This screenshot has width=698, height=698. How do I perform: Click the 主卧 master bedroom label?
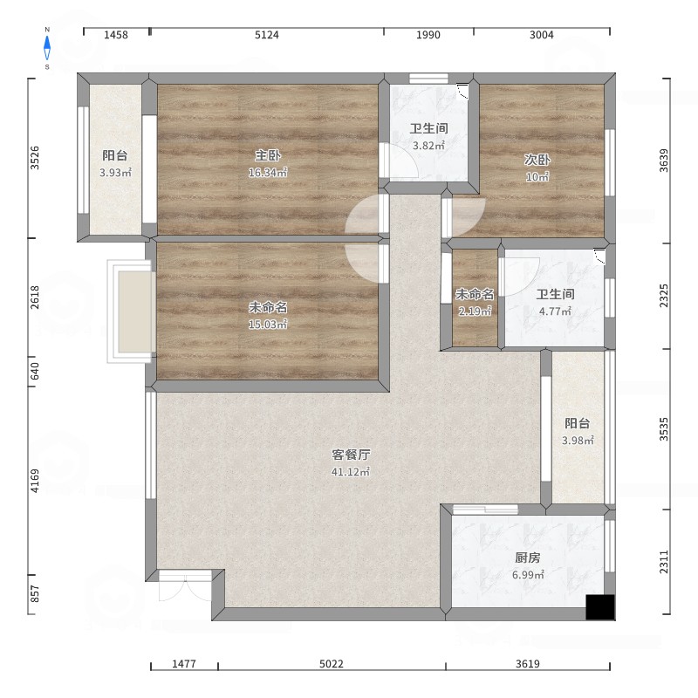268,156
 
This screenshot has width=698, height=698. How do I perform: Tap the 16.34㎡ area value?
268,173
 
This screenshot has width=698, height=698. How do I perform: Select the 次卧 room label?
537,160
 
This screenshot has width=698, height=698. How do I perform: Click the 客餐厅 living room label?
351,455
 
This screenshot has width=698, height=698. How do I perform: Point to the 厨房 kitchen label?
528,558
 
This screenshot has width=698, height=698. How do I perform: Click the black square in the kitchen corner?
600,607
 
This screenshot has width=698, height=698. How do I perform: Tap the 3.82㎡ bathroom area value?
428,146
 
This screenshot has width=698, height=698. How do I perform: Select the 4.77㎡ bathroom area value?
555,311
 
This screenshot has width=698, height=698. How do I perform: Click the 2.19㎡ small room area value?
475,311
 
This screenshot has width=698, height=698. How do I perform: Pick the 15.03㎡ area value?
268,325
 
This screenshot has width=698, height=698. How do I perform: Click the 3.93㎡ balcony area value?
115,173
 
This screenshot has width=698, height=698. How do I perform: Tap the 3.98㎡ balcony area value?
578,441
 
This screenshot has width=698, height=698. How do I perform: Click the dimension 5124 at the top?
267,35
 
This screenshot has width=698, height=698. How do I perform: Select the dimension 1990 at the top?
428,35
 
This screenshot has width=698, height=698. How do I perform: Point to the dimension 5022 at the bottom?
332,664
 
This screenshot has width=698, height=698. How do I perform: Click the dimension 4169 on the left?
35,481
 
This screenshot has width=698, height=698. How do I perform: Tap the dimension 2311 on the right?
664,562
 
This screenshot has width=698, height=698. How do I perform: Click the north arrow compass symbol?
47,48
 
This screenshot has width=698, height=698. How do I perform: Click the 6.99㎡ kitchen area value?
528,575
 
